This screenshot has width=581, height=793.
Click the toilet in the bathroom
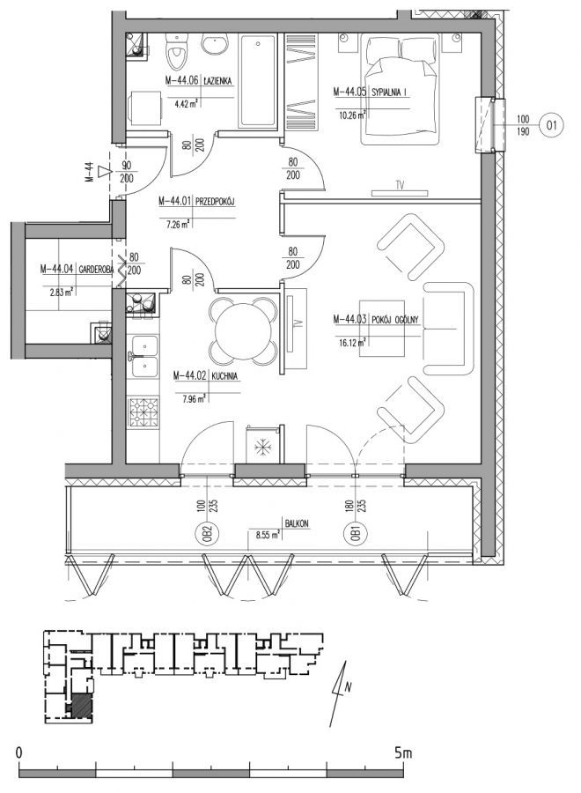point(176,51)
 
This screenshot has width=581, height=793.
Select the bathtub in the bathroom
point(258,80)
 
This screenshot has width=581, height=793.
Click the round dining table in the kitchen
point(243,331)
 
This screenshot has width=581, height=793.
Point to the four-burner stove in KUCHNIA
point(144,411)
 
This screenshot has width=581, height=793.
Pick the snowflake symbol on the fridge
point(261,447)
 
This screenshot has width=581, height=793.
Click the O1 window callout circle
point(551,124)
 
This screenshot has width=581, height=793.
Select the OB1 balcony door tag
point(357,534)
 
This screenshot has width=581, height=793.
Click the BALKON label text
point(297,524)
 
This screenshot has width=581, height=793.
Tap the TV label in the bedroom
point(400,185)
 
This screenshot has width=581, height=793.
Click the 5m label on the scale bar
point(403,753)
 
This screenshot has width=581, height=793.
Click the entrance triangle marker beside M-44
point(104,173)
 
